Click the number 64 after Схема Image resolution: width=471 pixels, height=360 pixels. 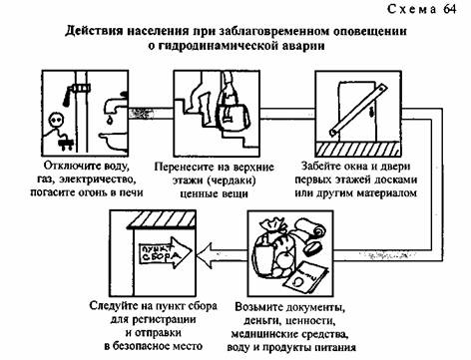(449, 9)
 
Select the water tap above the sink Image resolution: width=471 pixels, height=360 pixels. (114, 103)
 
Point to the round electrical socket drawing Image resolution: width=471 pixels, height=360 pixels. (54, 120)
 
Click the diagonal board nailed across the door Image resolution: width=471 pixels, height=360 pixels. (358, 111)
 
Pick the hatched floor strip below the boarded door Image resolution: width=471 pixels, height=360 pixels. (357, 149)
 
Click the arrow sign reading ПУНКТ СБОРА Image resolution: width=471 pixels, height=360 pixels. (165, 252)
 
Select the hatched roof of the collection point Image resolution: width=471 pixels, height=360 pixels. (161, 219)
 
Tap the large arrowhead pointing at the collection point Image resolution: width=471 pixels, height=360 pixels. (205, 255)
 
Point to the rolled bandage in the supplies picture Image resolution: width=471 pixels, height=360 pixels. (311, 228)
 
